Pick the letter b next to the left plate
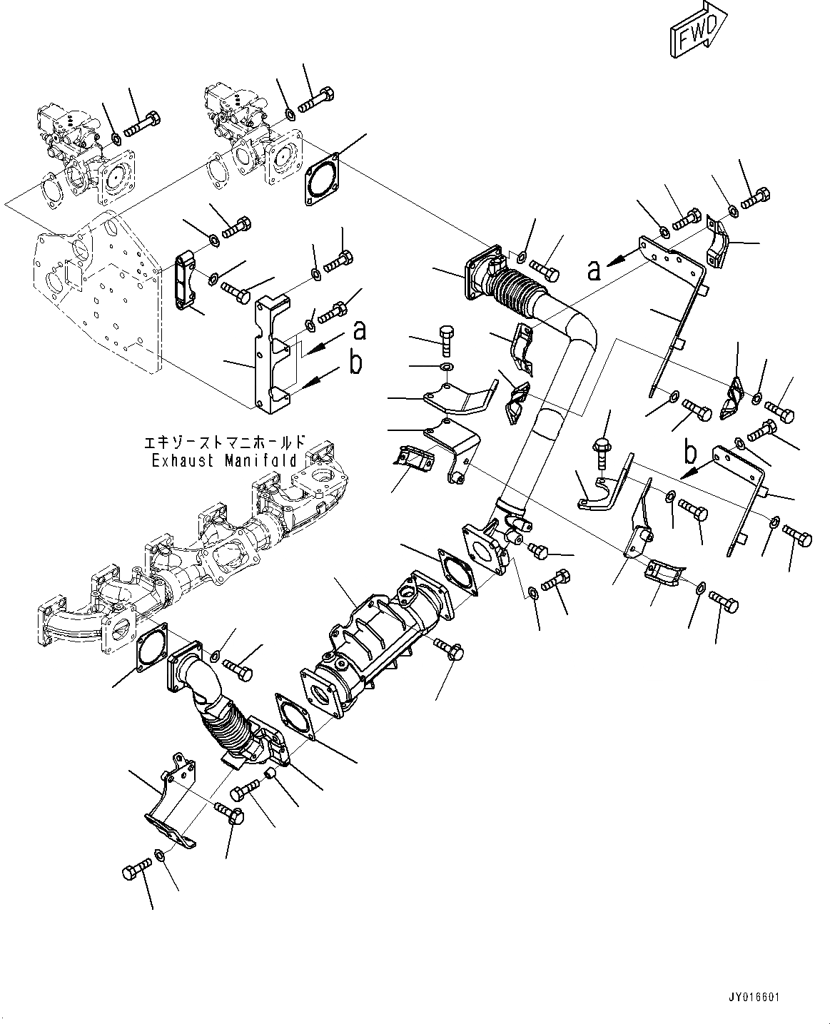click(355, 363)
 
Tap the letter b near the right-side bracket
click(690, 452)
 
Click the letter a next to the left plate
click(360, 330)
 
